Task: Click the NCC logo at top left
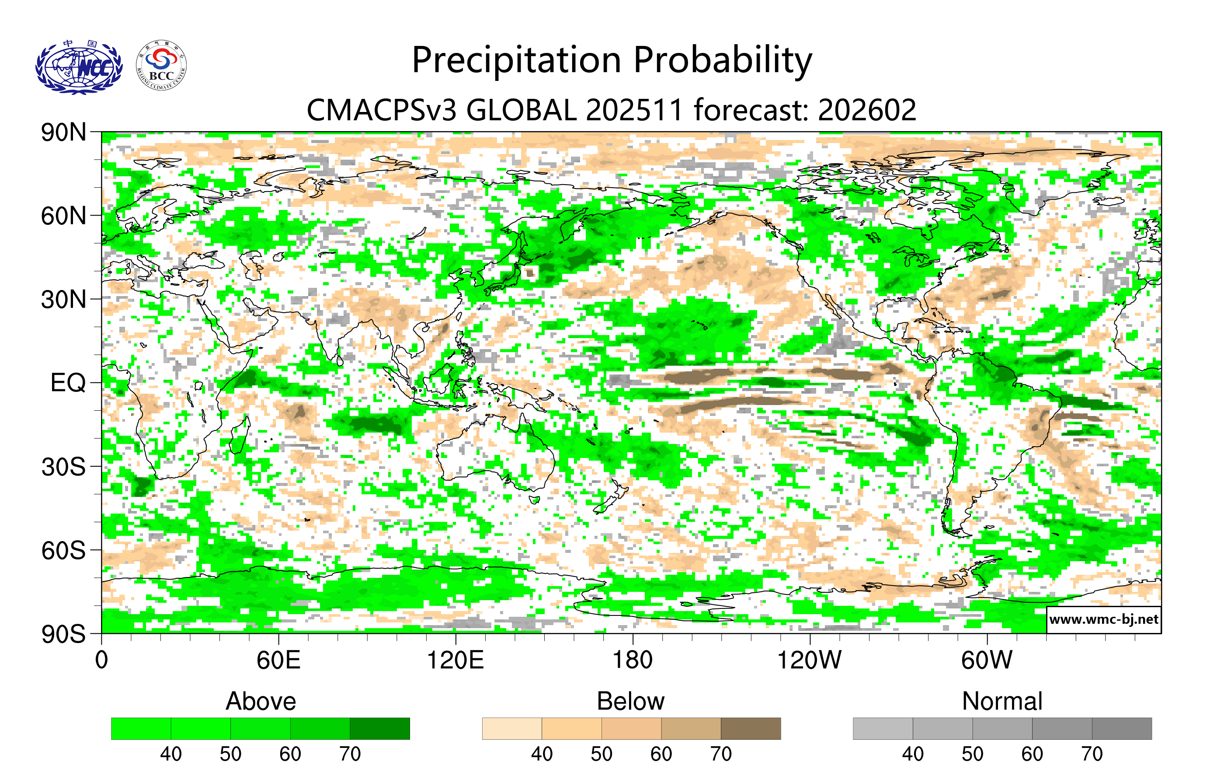[79, 67]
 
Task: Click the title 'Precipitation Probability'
[612, 60]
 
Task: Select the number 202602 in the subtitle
[867, 110]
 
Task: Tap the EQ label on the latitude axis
[68, 383]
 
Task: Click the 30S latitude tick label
[63, 467]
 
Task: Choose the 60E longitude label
[278, 661]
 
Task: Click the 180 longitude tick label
[633, 661]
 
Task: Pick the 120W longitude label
[809, 661]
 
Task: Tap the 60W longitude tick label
[987, 661]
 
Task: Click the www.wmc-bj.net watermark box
[1103, 619]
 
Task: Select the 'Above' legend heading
[261, 701]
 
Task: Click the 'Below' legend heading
[630, 701]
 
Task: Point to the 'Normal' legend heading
[1002, 701]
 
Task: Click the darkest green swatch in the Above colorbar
[380, 728]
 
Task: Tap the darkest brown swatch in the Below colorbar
[750, 728]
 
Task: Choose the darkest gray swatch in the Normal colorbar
[1121, 728]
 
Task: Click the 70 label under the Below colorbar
[720, 754]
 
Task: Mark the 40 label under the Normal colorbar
[912, 754]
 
